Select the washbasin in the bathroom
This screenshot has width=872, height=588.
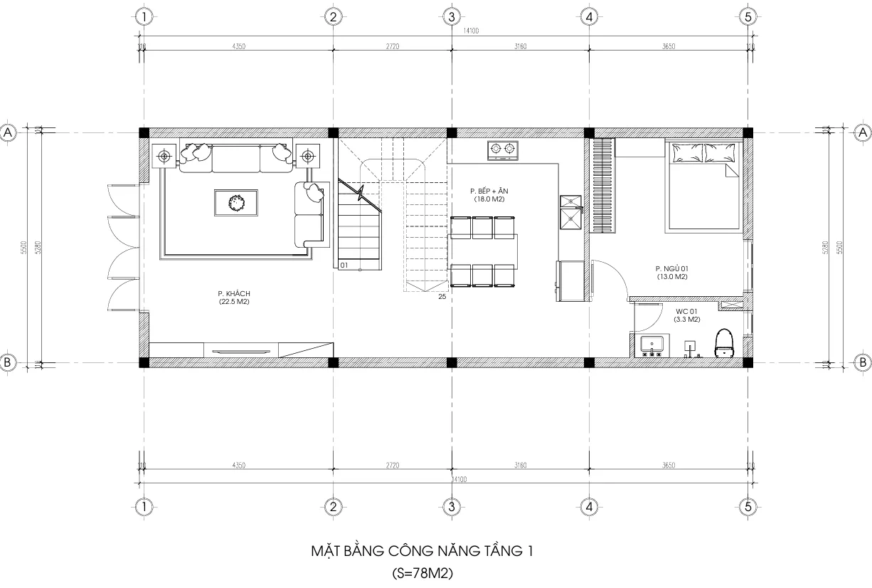click(652, 345)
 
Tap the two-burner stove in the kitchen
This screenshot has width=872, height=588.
click(502, 150)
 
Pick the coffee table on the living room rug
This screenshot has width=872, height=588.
click(235, 203)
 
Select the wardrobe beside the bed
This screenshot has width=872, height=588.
click(602, 185)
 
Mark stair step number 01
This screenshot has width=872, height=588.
click(344, 265)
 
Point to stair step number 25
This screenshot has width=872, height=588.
click(442, 297)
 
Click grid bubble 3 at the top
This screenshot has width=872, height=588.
click(450, 16)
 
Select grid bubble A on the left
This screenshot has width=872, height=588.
click(9, 132)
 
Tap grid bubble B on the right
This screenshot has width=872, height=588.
click(862, 362)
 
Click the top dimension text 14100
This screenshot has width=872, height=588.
click(450, 31)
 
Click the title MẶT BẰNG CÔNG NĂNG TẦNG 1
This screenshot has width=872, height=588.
click(421, 551)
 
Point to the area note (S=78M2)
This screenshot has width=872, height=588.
click(422, 572)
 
